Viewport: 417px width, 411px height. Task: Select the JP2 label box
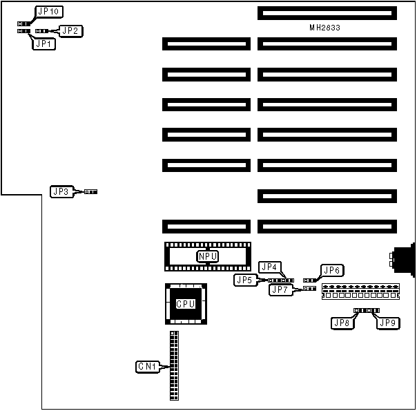[71, 30]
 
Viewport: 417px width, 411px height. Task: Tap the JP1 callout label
[44, 44]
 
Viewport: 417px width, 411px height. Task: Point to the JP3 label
[61, 191]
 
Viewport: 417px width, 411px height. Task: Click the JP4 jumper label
[269, 267]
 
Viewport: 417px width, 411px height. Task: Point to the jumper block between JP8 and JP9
[367, 311]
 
